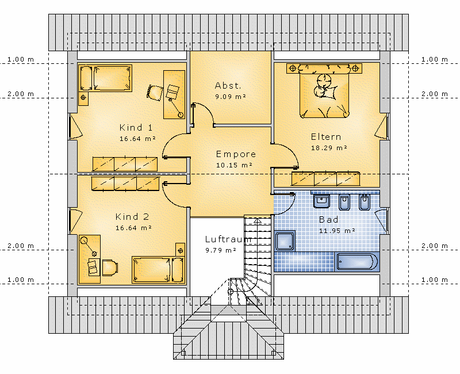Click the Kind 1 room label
coord(136,127)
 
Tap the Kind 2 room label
coord(132,217)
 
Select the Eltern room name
coord(326,137)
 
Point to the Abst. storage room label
coord(228,85)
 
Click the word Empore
coord(236,154)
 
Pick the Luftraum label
coord(228,239)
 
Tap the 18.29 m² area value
coord(329,148)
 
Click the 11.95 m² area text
coord(337,231)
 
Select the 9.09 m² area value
coord(231,96)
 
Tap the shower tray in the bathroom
coord(285,241)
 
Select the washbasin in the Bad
coord(321,201)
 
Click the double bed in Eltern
coord(324,91)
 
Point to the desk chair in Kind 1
coord(155,93)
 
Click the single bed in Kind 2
coord(158,270)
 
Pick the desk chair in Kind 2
coord(110,268)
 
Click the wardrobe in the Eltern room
coord(325,179)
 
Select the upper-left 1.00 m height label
coord(21,59)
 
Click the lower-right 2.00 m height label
coord(435,246)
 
